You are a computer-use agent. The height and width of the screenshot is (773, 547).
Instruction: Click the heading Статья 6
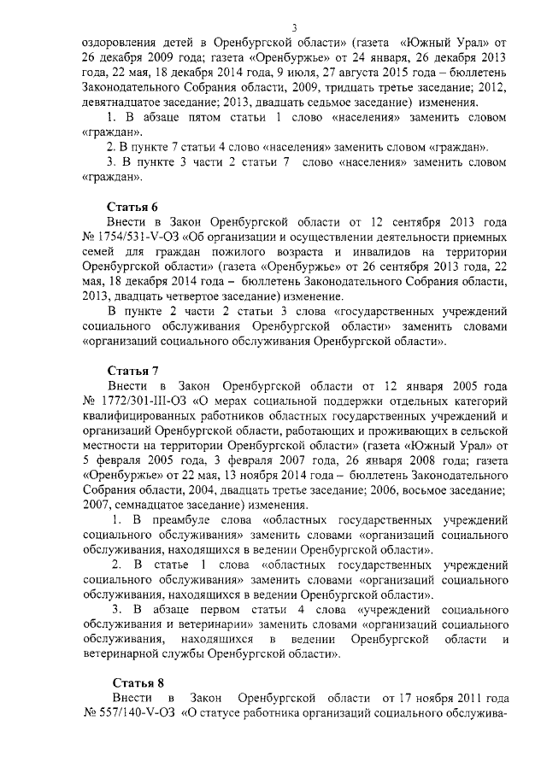[x=132, y=208]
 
